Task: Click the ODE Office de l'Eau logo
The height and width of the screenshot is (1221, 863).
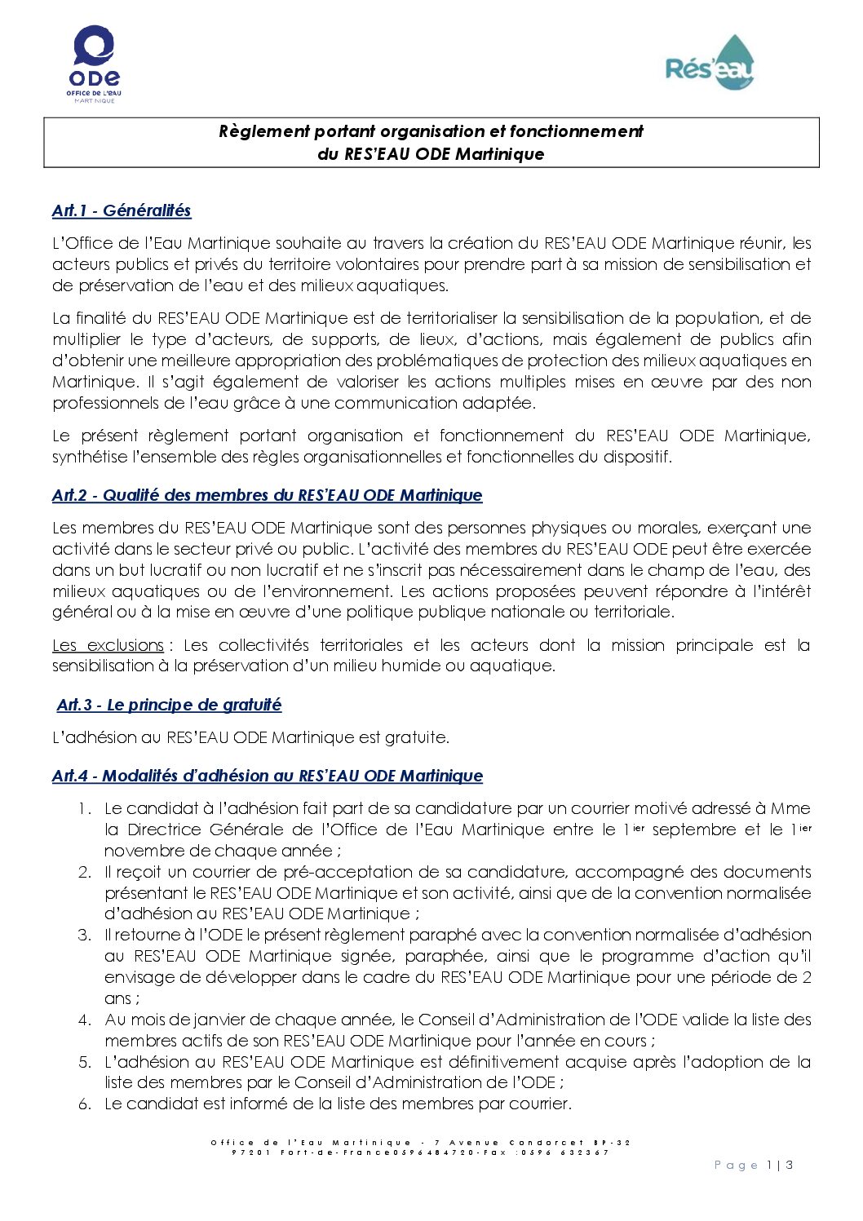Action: [x=94, y=64]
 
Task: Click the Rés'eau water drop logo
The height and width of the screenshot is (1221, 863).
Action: [x=710, y=64]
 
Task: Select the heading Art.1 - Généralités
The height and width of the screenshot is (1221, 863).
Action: [x=122, y=210]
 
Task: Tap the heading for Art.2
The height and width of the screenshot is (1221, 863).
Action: [x=267, y=495]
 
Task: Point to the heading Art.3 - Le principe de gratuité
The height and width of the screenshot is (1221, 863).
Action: [x=169, y=705]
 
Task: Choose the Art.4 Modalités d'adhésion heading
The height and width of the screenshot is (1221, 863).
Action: [x=268, y=776]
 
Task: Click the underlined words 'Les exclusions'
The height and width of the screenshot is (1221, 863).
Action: [x=108, y=645]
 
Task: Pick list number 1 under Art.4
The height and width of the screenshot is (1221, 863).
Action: [x=84, y=808]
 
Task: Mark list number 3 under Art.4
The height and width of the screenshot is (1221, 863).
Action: [x=84, y=935]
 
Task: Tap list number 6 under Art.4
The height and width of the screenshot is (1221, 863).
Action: [x=84, y=1104]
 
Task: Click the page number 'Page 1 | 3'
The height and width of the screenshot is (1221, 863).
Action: [x=753, y=1166]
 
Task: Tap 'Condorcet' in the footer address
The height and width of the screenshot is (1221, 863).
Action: [x=547, y=1143]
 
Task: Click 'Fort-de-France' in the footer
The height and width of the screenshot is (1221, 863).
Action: [x=334, y=1152]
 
